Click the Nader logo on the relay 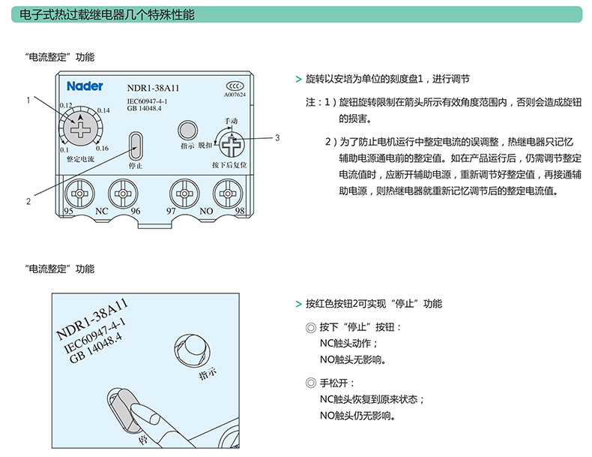85,86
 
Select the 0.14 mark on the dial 103,110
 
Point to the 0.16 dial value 102,148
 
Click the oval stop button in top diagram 136,146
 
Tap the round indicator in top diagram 187,131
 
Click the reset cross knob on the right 231,144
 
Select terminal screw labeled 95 79,194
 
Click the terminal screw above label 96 123,194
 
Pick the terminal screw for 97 184,194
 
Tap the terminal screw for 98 228,194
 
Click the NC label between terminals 102,211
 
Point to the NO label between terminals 206,211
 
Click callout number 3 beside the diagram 277,137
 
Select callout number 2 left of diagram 28,201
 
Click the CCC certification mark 235,86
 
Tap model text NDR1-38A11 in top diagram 153,88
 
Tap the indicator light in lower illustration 192,350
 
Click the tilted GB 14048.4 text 97,348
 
